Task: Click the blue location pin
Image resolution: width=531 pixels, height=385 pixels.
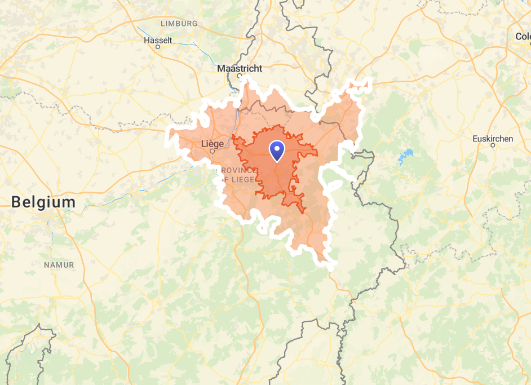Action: coord(277,150)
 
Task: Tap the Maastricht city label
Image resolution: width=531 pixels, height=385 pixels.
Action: coord(240,68)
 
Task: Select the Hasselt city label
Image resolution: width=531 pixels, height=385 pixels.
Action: coord(158,40)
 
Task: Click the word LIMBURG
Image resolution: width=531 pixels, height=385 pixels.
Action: coord(179,24)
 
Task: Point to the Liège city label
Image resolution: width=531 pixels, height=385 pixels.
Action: coord(213,144)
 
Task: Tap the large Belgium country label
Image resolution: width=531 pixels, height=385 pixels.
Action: coord(43,202)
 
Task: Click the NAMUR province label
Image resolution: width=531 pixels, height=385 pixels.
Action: coord(59,264)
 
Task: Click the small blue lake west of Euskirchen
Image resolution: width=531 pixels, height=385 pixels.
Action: coord(405,156)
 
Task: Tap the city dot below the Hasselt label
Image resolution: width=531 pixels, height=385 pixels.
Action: coord(158,47)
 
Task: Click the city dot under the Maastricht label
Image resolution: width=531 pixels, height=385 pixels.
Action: coord(239,75)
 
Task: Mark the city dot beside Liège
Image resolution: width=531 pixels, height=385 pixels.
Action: coord(213,151)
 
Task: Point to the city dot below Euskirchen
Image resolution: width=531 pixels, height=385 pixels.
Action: coord(493,145)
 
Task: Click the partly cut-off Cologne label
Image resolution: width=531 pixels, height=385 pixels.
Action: coord(523,37)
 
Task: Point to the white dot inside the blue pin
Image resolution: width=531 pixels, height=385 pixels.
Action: coord(277,148)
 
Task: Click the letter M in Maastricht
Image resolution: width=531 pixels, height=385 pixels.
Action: coord(221,68)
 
